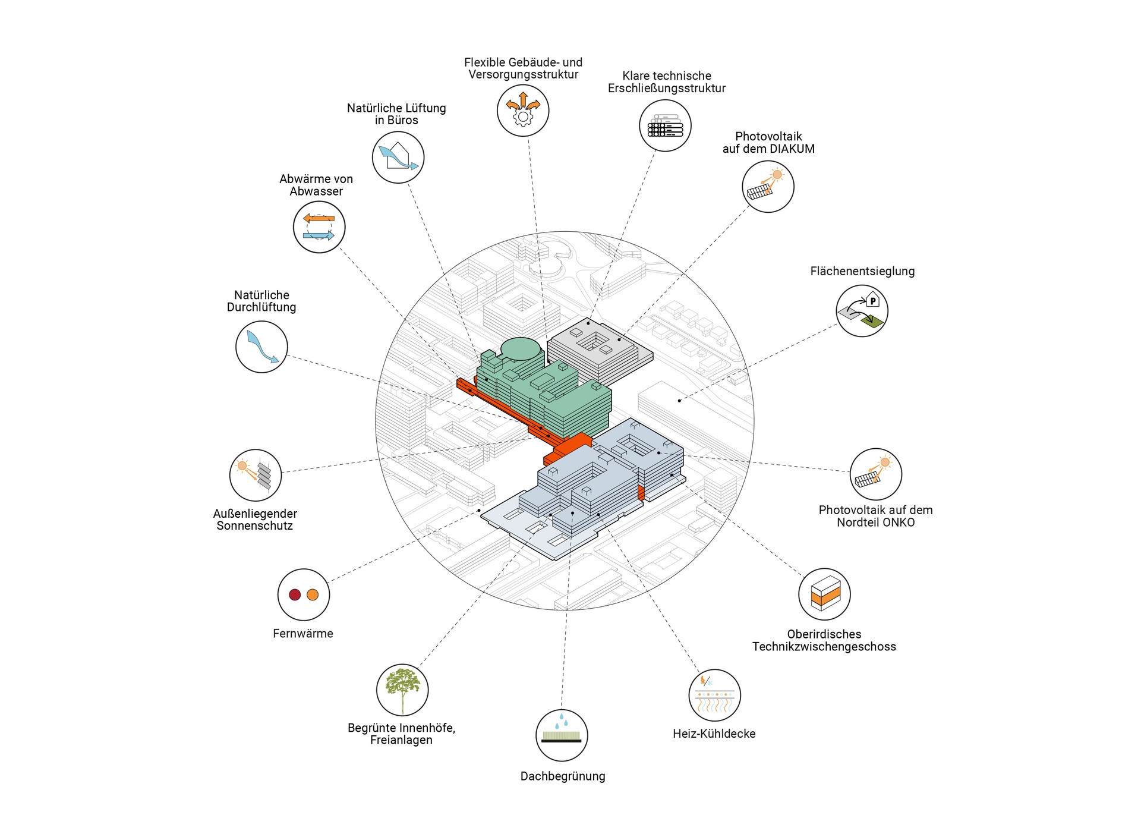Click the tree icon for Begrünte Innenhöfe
(402, 689)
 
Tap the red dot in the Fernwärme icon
(295, 594)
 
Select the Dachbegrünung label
(562, 776)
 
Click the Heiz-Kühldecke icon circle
(714, 695)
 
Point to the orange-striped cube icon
(825, 594)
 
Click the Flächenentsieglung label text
(862, 271)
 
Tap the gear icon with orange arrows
(523, 111)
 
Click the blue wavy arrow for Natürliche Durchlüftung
(261, 347)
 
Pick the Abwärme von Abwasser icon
(319, 227)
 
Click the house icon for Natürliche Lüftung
(398, 157)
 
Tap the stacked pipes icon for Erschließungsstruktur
(665, 125)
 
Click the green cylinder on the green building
(521, 348)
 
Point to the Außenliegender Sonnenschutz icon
(256, 474)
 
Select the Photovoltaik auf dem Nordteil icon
(875, 474)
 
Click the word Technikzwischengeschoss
(824, 646)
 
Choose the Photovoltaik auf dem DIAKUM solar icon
(768, 186)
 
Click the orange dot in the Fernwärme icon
(313, 594)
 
